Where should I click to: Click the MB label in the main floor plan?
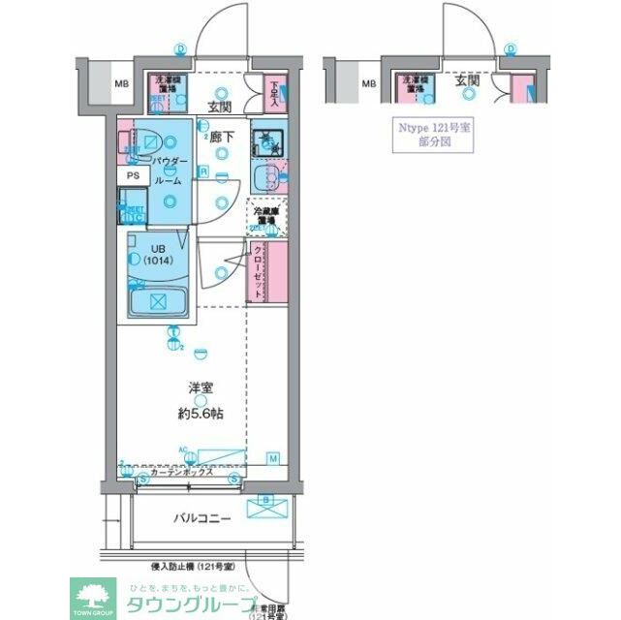click(122, 84)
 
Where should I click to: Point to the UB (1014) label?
click(158, 255)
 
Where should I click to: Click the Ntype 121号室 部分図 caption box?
click(425, 133)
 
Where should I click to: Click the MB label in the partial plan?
click(368, 84)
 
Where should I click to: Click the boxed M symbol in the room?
click(273, 457)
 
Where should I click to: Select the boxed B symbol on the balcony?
click(266, 501)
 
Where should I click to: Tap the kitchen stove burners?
click(265, 143)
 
